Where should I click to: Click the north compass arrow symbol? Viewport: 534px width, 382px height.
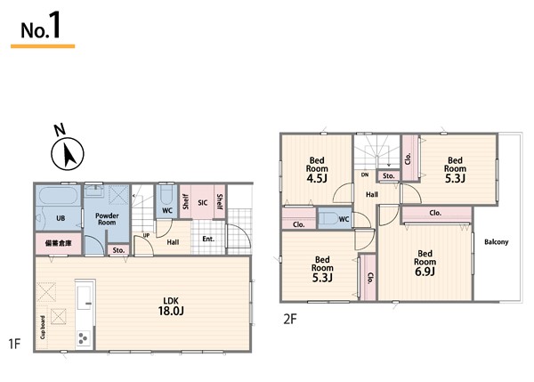click(x=68, y=154)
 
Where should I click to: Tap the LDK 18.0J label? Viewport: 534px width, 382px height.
click(x=171, y=305)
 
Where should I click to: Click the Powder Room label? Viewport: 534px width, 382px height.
click(x=107, y=219)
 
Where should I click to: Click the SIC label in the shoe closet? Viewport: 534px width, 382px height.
click(x=202, y=203)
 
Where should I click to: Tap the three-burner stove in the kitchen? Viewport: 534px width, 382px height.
click(x=84, y=338)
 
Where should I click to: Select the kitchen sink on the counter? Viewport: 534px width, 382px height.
click(x=84, y=297)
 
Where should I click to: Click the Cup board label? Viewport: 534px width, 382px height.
click(x=43, y=327)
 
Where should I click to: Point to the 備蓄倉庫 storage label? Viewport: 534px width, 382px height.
click(x=59, y=243)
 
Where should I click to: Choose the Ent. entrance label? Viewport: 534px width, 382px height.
click(x=208, y=239)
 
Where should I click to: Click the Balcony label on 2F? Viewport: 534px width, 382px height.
click(x=497, y=242)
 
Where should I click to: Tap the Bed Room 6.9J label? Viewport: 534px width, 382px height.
click(x=425, y=263)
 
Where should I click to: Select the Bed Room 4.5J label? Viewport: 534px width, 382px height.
click(x=317, y=170)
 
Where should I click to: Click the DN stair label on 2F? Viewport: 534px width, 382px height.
click(x=365, y=175)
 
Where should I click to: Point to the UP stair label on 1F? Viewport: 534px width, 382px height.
click(x=146, y=235)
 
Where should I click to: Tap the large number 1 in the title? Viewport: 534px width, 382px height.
click(x=54, y=25)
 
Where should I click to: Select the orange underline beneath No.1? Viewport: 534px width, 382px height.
click(x=43, y=46)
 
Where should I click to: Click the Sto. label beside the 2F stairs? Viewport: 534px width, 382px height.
click(x=389, y=175)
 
